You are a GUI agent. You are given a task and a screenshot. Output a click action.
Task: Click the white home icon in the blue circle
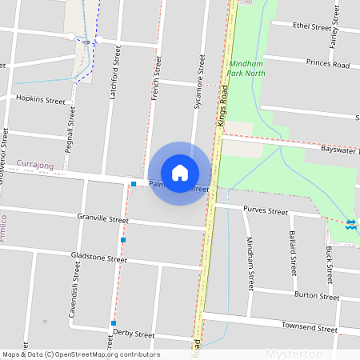pyautogui.click(x=180, y=172)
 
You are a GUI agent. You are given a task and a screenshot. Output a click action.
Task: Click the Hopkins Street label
pyautogui.click(x=41, y=100)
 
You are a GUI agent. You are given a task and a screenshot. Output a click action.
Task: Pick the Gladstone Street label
pyautogui.click(x=99, y=259)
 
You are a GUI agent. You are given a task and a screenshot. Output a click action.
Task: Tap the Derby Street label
pyautogui.click(x=134, y=334)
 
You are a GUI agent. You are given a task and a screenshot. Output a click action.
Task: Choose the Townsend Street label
pyautogui.click(x=309, y=327)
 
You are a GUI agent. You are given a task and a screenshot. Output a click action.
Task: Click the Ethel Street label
pyautogui.click(x=312, y=26)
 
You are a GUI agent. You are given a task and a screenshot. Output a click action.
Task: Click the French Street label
pyautogui.click(x=156, y=78)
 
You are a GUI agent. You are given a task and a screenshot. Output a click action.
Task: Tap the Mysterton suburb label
pyautogui.click(x=293, y=353)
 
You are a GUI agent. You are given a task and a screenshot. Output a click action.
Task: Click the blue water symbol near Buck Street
pyautogui.click(x=351, y=224)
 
